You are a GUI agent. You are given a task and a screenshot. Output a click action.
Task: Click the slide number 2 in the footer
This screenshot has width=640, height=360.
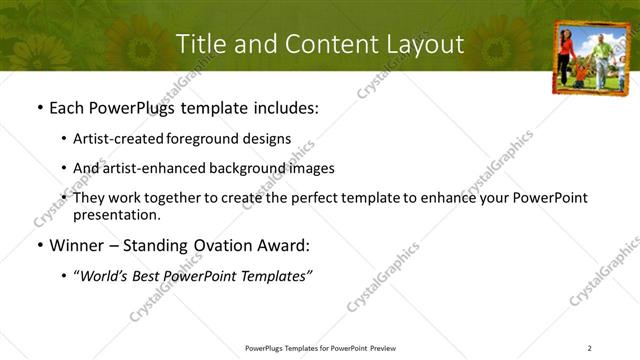coord(589,348)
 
